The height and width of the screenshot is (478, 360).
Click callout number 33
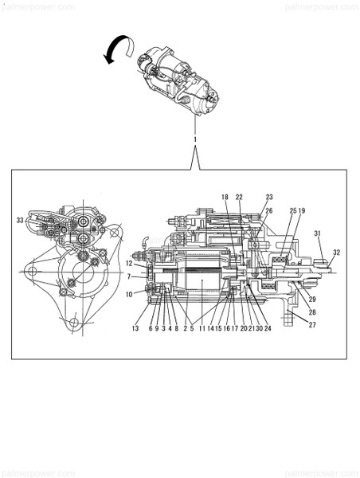[x=20, y=220]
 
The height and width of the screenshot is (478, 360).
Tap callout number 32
[x=336, y=253]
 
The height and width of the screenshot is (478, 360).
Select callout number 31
[x=317, y=233]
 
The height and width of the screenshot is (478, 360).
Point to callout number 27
[x=312, y=325]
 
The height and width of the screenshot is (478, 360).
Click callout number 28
[x=312, y=312]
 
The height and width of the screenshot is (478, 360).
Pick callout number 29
[x=312, y=300]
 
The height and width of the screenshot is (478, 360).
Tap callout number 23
[x=269, y=197]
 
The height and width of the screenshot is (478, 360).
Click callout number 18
[x=225, y=197]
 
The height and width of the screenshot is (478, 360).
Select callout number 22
[x=239, y=197]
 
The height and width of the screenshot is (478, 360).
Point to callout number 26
[x=269, y=210]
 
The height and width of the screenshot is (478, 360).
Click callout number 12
[x=128, y=263]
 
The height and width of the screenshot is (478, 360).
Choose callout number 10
[x=128, y=294]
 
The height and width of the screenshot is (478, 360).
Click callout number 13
[x=135, y=328]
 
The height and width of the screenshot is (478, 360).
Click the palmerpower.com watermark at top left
[x=37, y=6]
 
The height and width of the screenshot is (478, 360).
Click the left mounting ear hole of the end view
[x=32, y=272]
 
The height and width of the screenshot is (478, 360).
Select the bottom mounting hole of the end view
[x=73, y=323]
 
